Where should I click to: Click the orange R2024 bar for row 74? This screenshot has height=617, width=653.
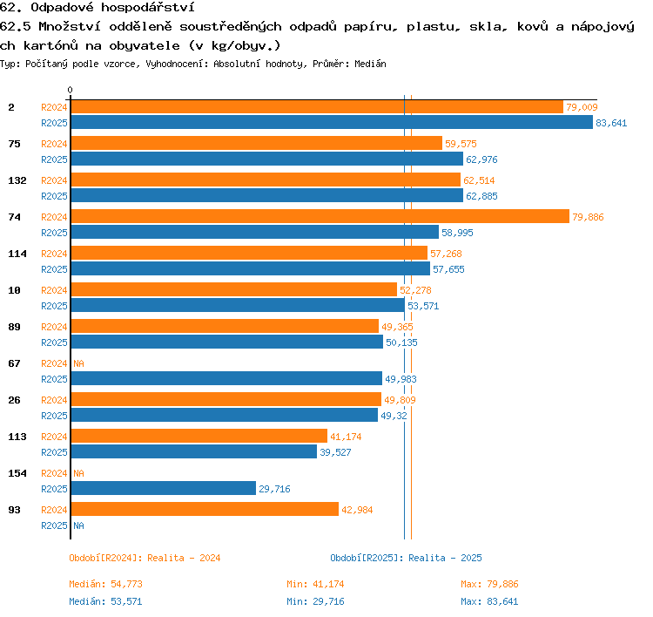[x=320, y=216]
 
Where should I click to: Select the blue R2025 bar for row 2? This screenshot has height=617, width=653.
[x=332, y=122]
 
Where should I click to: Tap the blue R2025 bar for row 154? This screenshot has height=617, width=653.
[x=164, y=488]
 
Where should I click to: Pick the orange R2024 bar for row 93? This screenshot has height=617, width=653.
[x=205, y=509]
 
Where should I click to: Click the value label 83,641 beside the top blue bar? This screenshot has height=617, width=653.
[x=611, y=123]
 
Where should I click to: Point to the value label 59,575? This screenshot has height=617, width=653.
[x=461, y=144]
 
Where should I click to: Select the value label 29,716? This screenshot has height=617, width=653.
[x=274, y=489]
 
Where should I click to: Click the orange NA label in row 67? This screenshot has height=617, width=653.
[x=78, y=363]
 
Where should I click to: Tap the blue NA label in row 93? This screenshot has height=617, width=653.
[x=78, y=525]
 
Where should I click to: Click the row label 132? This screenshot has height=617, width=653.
[x=17, y=180]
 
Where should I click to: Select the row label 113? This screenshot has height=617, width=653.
[x=17, y=437]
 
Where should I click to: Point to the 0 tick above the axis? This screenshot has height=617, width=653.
[x=70, y=90]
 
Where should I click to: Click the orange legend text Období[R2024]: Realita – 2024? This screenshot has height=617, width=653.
[x=145, y=558]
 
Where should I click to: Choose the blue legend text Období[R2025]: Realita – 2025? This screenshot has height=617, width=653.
[x=406, y=558]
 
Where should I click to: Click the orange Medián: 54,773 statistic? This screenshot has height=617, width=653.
[x=105, y=584]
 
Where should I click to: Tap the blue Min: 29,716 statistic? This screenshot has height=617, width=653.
[x=315, y=601]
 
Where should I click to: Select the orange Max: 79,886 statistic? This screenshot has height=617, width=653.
[x=489, y=584]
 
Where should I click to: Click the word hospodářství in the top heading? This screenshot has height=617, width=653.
[x=148, y=8]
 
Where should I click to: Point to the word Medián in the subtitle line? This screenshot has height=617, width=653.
[x=370, y=64]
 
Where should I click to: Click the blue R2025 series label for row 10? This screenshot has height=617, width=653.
[x=54, y=306]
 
